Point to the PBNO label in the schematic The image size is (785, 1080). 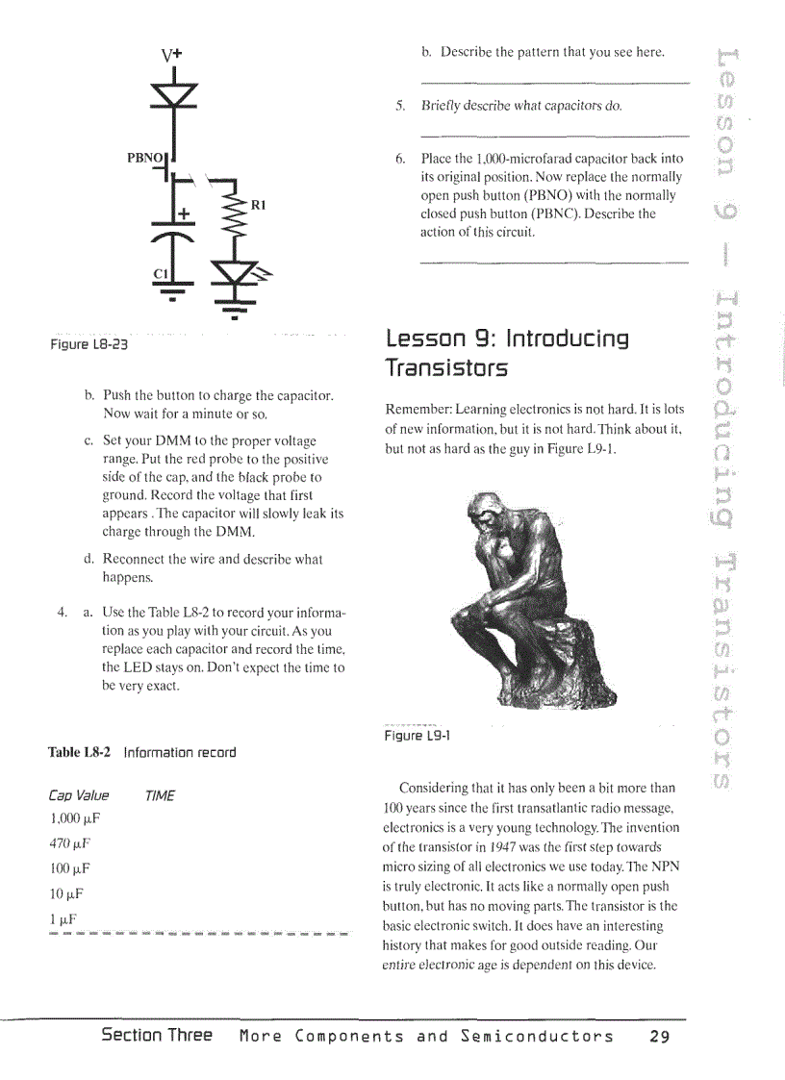pos(146,156)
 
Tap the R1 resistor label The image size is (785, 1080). pos(258,205)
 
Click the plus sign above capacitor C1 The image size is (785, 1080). pos(182,212)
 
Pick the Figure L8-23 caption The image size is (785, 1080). pos(89,343)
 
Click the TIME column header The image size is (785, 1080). pos(160,795)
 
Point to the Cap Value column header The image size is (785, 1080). pos(78,795)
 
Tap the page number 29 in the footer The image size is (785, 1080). pos(658,1037)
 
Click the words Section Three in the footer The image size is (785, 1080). pos(157,1036)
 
